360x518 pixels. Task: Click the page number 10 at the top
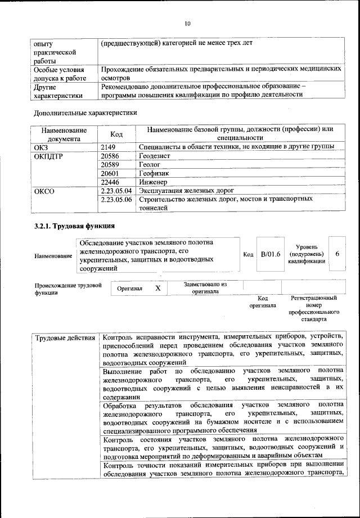[188, 23]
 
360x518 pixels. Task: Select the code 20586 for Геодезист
[110, 156]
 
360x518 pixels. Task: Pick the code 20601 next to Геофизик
[110, 174]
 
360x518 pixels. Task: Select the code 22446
[110, 182]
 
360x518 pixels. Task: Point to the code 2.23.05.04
[116, 191]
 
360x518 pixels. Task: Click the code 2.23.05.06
[116, 200]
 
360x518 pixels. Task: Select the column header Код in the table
[116, 134]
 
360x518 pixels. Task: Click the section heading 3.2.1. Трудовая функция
[75, 227]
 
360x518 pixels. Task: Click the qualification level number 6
[337, 254]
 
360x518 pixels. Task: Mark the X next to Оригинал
[158, 288]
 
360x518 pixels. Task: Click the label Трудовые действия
[65, 338]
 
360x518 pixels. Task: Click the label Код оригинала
[262, 302]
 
